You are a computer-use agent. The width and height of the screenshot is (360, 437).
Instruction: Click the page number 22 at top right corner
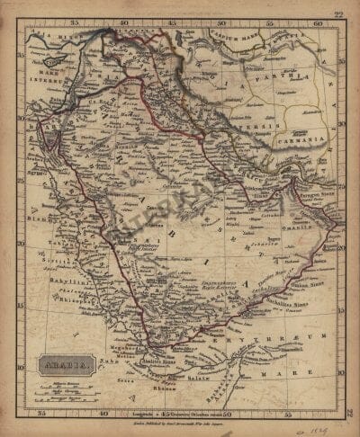point(338,13)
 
